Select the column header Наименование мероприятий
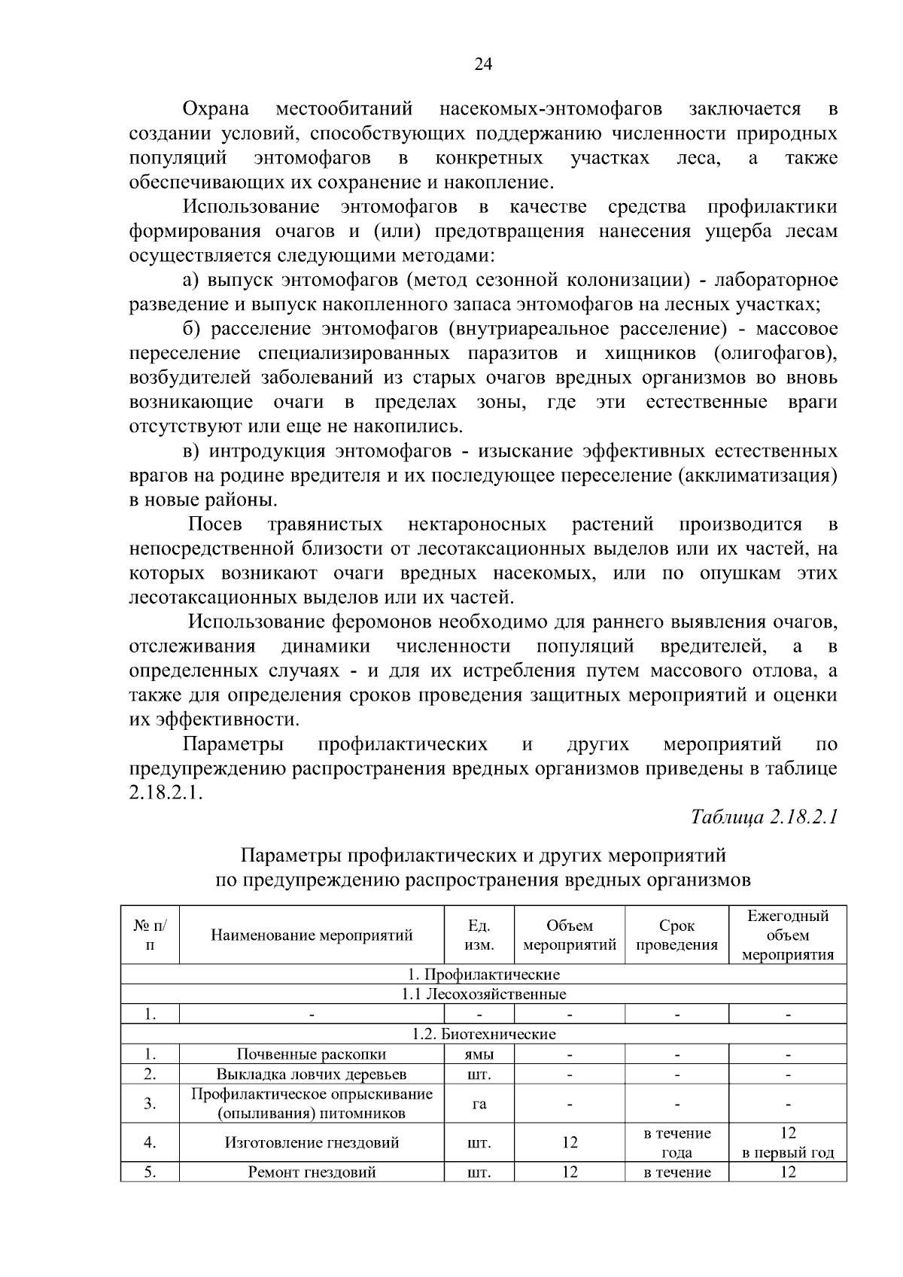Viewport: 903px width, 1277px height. (312, 935)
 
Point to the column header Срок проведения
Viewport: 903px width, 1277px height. (676, 935)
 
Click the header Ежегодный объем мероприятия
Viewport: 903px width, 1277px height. (788, 935)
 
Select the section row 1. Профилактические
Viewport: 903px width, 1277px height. (484, 974)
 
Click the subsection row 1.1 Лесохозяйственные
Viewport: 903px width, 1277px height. (484, 994)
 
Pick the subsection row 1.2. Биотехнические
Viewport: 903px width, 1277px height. (484, 1034)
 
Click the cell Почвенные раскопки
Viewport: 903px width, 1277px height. (312, 1054)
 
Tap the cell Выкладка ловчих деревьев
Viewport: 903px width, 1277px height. (312, 1074)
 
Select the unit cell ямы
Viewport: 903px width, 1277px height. (479, 1054)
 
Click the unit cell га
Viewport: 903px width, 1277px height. (479, 1104)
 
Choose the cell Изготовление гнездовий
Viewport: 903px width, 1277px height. (312, 1143)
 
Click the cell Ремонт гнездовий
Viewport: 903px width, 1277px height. (312, 1172)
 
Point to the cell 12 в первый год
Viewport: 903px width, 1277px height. (788, 1143)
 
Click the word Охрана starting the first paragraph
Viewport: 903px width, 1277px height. (217, 109)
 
